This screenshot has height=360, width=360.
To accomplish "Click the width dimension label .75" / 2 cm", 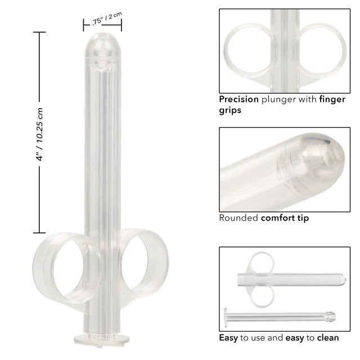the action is (106, 19).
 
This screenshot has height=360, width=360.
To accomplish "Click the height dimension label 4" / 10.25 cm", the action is (39, 134).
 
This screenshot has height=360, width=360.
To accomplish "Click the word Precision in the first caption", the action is (238, 99).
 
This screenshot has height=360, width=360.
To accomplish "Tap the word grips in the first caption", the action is (230, 110).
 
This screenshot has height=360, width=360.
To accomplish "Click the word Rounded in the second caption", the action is (238, 218).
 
